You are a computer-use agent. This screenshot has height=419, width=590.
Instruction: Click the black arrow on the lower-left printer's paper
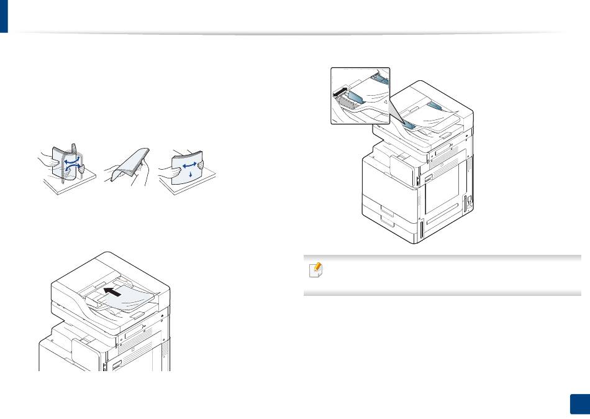coord(116,290)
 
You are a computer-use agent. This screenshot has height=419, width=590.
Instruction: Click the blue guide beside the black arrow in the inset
coord(355,96)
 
